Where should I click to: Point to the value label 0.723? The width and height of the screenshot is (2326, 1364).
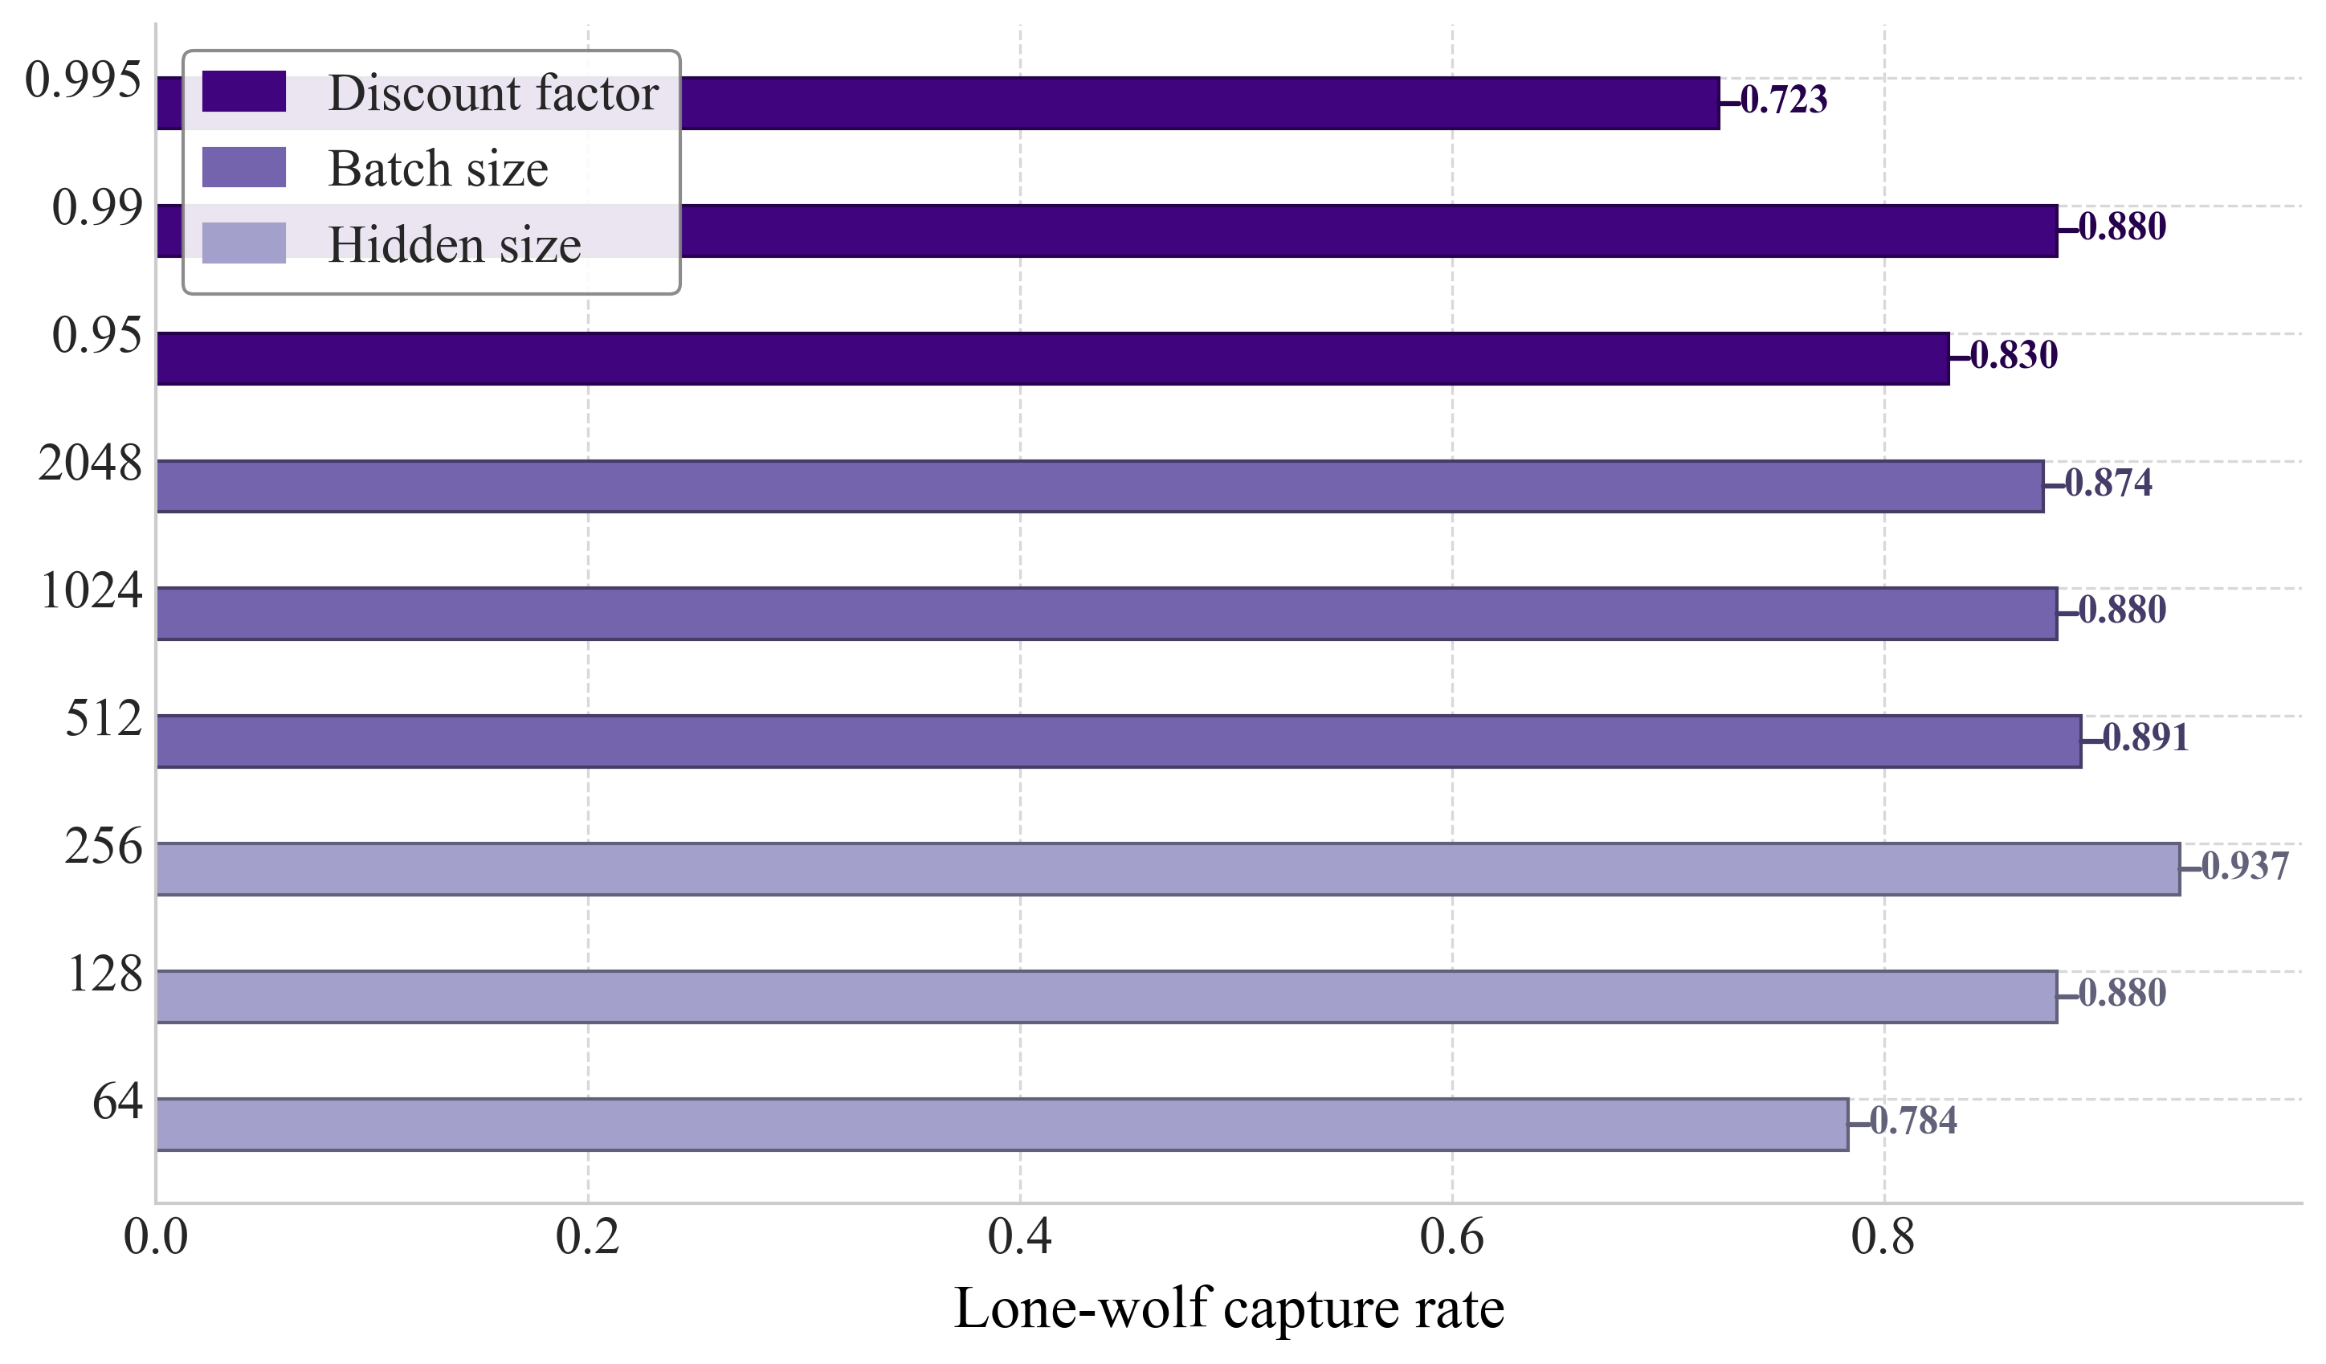(1783, 100)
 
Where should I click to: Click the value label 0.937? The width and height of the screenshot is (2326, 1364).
(2245, 867)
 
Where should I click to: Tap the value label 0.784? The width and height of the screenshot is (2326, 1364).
(1912, 1121)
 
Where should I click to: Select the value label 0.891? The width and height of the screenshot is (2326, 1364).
(2145, 738)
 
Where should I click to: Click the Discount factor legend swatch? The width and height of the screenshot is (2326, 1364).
(243, 92)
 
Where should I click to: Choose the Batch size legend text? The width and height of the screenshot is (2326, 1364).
(439, 169)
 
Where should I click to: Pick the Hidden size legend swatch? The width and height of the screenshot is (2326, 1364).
(243, 243)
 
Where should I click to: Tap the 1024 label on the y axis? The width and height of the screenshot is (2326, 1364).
(92, 590)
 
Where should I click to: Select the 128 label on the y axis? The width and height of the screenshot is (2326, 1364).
(105, 974)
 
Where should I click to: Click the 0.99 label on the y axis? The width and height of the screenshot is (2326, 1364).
(98, 206)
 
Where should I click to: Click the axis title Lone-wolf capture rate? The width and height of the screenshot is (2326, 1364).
(1229, 1309)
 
